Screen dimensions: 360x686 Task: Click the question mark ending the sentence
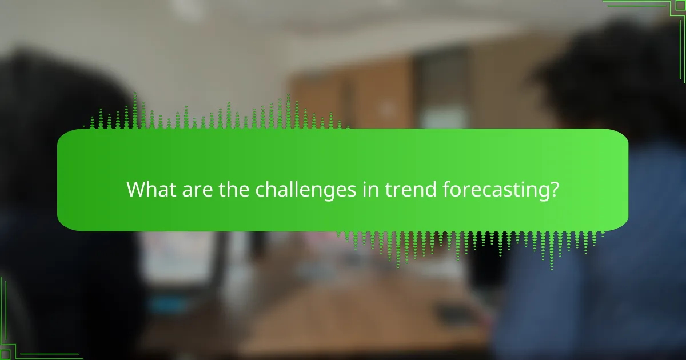[x=553, y=189]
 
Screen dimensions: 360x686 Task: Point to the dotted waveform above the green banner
[x=217, y=114]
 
